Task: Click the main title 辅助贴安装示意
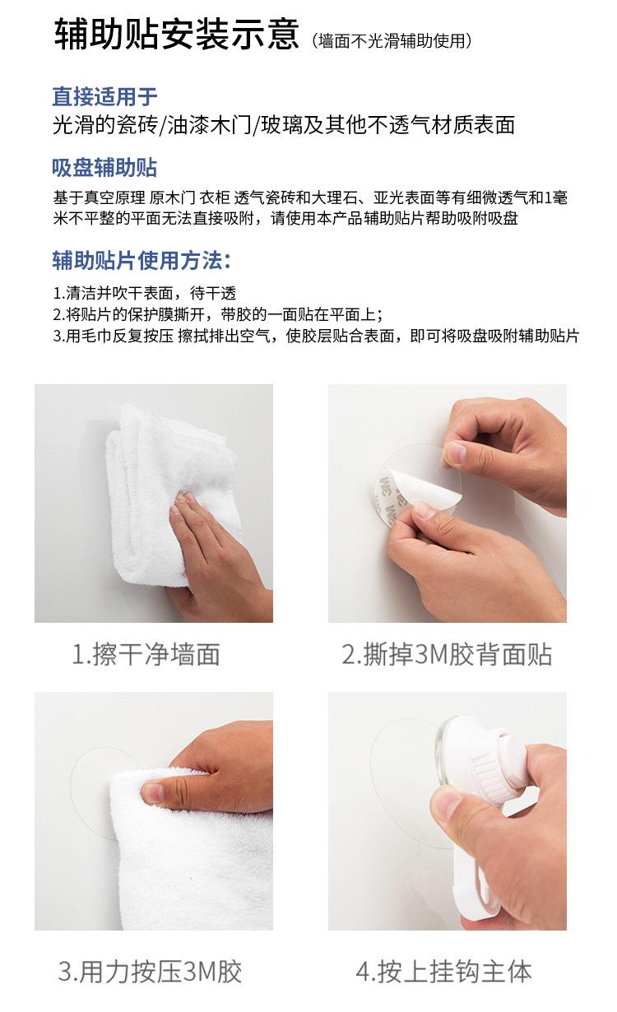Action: (176, 37)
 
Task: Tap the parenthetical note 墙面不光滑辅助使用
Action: (393, 40)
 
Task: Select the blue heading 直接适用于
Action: (104, 97)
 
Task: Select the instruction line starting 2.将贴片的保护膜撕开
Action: (218, 314)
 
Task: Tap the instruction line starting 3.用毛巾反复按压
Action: (317, 336)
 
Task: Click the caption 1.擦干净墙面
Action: (146, 654)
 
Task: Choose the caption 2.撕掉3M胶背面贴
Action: (447, 654)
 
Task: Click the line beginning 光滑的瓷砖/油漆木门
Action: (283, 125)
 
